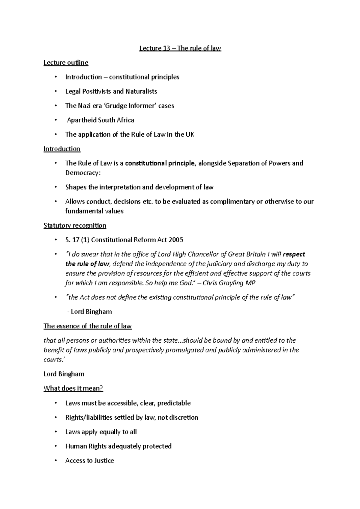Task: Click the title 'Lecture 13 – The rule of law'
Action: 180,48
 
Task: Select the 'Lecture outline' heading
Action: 66,63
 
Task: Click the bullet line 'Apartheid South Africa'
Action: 100,120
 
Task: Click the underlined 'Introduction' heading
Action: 62,149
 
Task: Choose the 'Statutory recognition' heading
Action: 75,225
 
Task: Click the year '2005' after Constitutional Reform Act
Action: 176,240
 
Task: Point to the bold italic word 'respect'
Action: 294,255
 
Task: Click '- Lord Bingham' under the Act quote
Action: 89,312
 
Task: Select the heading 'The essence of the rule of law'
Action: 88,326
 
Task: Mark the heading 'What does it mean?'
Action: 73,388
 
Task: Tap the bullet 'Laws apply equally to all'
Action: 101,432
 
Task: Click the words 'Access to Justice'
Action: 89,461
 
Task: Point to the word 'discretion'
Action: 183,418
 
